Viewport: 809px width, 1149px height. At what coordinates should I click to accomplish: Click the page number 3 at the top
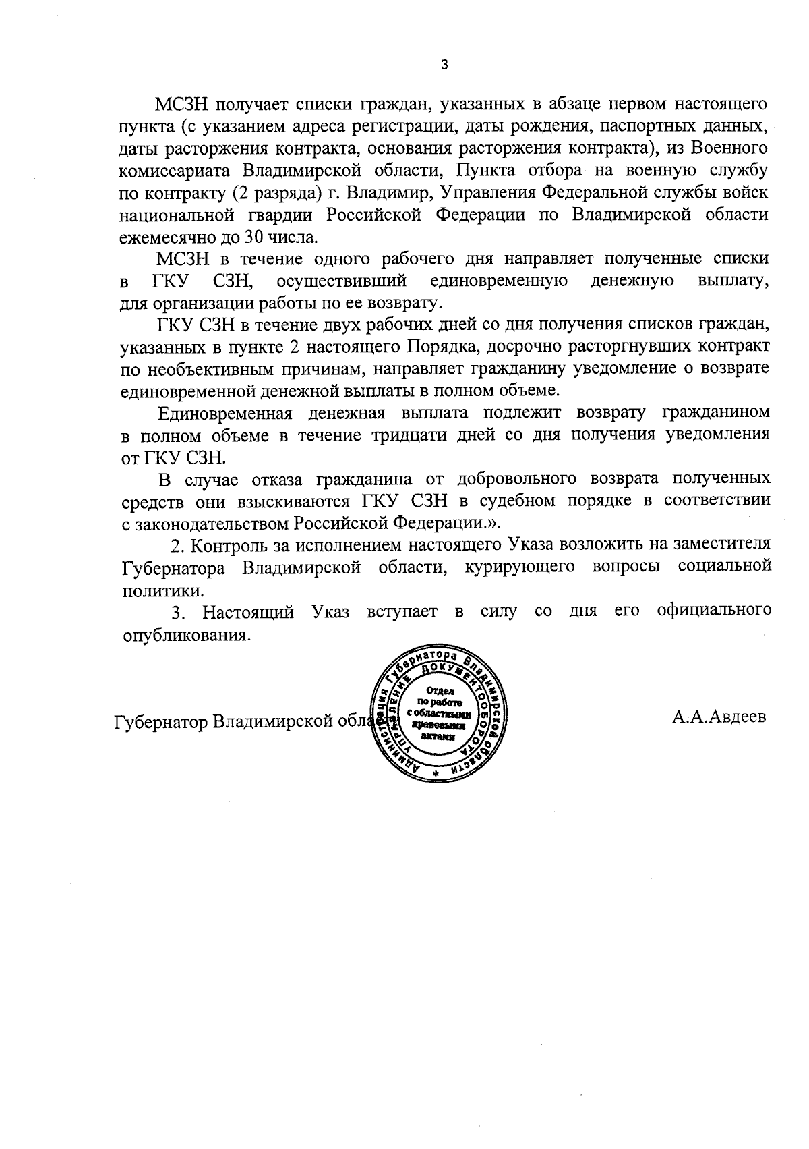(x=443, y=65)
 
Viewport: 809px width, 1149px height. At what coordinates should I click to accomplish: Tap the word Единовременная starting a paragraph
(x=225, y=413)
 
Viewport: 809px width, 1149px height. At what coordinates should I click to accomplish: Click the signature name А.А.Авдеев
(x=719, y=717)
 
